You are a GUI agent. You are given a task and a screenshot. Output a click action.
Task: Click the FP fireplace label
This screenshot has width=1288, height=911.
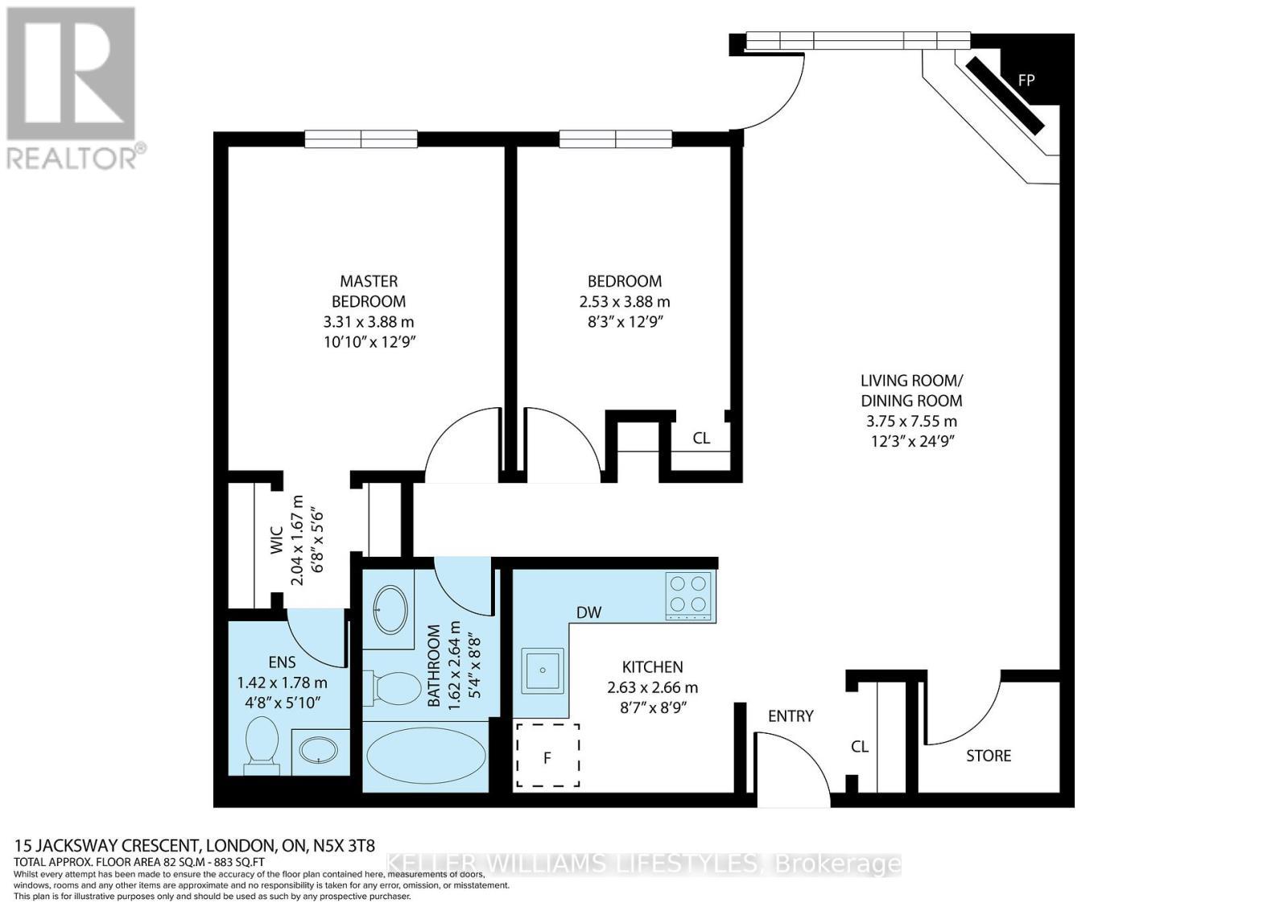pyautogui.click(x=1026, y=80)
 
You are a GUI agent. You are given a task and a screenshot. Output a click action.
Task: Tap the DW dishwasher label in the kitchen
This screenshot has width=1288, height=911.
pyautogui.click(x=588, y=612)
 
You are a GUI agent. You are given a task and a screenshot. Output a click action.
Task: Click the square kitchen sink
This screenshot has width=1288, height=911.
pyautogui.click(x=542, y=670)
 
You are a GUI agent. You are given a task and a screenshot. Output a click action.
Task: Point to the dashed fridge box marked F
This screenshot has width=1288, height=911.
pyautogui.click(x=547, y=755)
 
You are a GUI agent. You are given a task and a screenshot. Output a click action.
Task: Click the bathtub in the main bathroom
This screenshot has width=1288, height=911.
pyautogui.click(x=426, y=756)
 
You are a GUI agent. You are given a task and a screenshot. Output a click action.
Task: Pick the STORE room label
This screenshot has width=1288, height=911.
pyautogui.click(x=989, y=756)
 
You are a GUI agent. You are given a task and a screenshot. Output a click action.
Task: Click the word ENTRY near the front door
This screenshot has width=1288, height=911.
pyautogui.click(x=791, y=715)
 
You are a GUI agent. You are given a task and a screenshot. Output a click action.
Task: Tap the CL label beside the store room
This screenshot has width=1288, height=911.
pyautogui.click(x=860, y=746)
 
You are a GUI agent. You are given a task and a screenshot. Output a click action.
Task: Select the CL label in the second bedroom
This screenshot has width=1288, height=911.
pyautogui.click(x=701, y=438)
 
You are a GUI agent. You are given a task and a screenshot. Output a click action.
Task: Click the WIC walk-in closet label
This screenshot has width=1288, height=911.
pyautogui.click(x=276, y=540)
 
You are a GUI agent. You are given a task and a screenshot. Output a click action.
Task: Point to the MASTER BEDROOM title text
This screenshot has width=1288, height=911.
pyautogui.click(x=369, y=291)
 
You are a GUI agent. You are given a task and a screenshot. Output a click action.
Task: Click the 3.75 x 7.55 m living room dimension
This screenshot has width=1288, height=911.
pyautogui.click(x=911, y=421)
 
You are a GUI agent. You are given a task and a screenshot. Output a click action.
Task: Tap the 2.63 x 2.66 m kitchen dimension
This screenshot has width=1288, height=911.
pyautogui.click(x=652, y=687)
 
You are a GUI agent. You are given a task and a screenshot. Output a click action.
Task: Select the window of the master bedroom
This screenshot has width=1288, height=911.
pyautogui.click(x=361, y=139)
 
